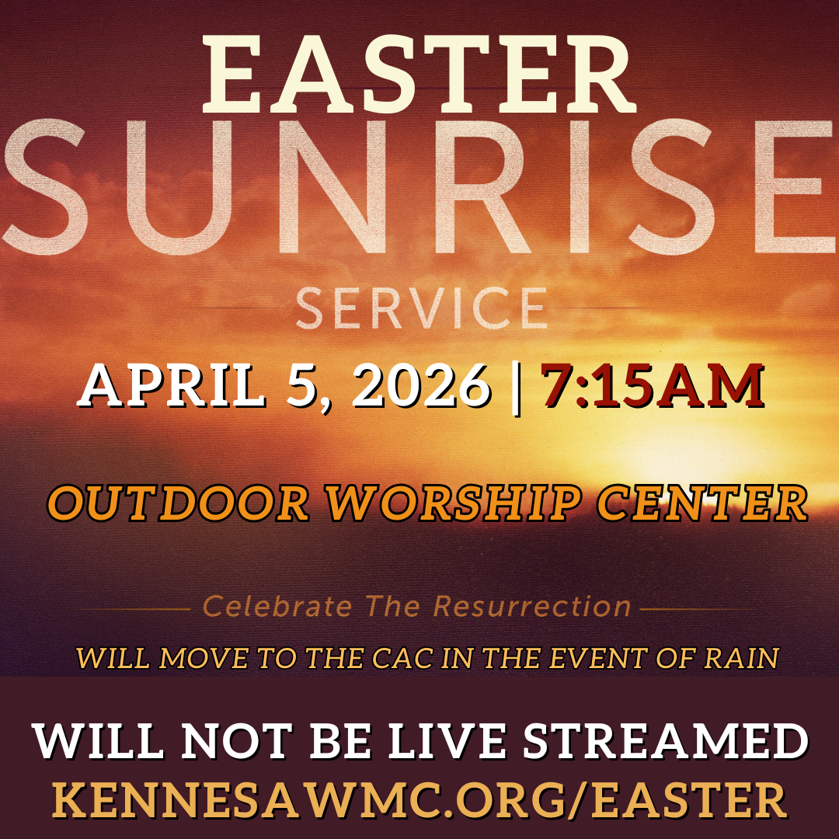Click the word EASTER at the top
419,75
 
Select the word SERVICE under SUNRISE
420,308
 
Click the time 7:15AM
653,386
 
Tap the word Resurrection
532,606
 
